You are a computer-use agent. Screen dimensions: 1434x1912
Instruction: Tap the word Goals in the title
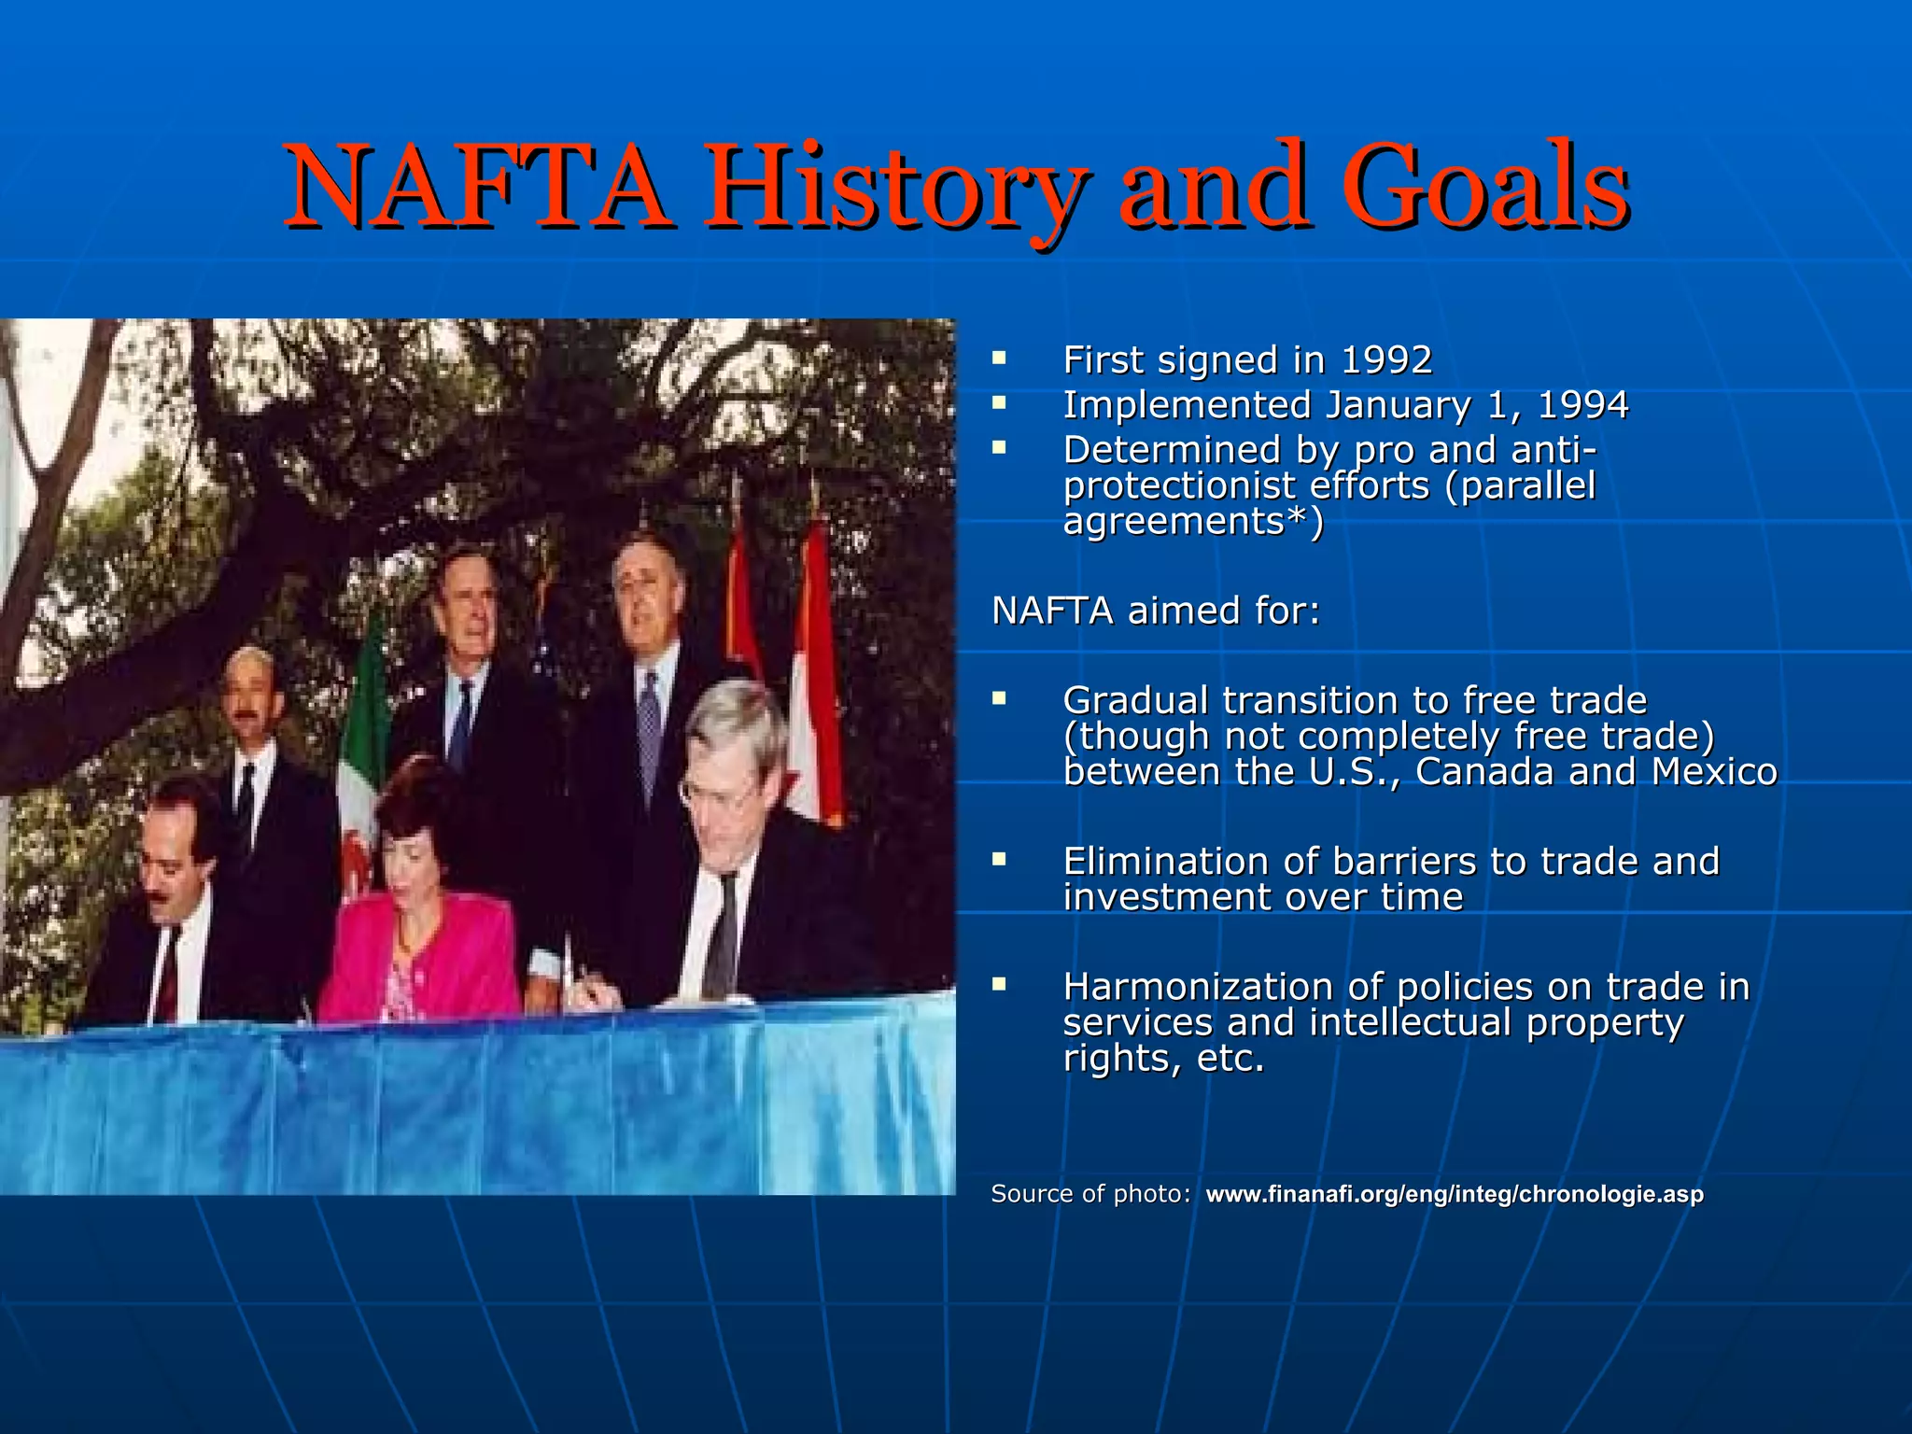(1484, 187)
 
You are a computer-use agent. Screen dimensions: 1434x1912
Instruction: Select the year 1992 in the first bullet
(1385, 360)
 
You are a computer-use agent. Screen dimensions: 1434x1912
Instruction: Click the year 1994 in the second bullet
(1582, 405)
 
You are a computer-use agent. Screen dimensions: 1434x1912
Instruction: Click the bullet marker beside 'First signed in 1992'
(999, 358)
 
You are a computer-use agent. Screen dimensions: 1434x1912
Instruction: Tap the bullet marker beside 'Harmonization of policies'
(999, 984)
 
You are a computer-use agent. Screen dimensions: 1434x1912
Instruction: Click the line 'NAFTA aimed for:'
(1156, 611)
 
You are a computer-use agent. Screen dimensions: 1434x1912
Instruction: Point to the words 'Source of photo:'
(1090, 1194)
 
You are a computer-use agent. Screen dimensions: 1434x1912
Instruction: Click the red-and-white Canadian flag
(814, 672)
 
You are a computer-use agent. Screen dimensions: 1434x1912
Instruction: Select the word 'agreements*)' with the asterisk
(1193, 522)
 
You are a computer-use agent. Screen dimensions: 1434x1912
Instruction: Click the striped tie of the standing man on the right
(649, 728)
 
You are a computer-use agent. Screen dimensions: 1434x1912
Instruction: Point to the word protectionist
(1181, 486)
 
